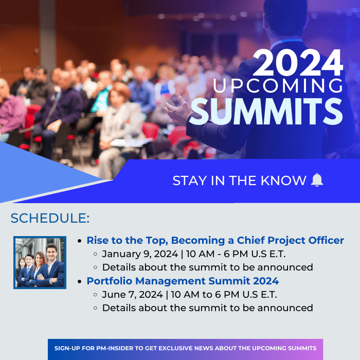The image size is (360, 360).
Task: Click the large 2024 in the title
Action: [298, 63]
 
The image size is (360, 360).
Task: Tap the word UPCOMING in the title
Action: [278, 86]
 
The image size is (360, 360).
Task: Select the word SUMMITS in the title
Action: [266, 111]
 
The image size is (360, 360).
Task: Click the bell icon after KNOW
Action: [317, 180]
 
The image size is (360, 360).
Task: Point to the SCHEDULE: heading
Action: [50, 218]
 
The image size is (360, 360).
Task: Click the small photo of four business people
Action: [40, 262]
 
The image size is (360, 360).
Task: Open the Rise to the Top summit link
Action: [215, 240]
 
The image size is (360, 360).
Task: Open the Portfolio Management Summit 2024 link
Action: [183, 281]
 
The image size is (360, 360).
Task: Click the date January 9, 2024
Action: [140, 254]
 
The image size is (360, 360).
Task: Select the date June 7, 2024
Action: [133, 295]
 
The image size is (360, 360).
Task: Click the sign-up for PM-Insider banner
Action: [185, 349]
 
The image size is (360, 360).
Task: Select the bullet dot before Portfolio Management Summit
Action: [80, 281]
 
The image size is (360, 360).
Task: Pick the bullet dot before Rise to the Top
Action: [80, 241]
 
